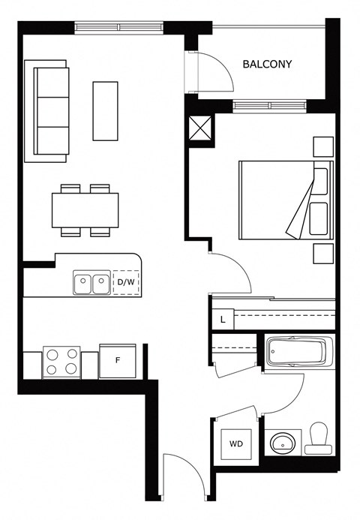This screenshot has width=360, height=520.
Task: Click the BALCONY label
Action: [267, 64]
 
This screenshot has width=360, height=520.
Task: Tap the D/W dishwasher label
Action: [126, 283]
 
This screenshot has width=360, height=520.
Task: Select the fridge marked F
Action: [117, 361]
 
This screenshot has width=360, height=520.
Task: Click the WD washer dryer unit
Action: [236, 444]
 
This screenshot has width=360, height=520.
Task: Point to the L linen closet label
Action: [223, 320]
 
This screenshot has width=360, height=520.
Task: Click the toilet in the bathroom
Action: [319, 437]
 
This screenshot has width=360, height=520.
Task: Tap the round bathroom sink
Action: [283, 443]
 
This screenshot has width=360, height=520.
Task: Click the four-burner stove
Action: [61, 362]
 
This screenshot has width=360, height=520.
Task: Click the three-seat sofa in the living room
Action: [46, 111]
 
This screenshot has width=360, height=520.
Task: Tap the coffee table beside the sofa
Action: [106, 111]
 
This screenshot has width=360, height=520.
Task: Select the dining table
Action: [85, 210]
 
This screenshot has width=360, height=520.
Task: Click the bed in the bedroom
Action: [286, 200]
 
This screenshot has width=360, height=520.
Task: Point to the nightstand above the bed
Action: [323, 146]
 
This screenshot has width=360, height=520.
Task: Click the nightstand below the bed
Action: [323, 254]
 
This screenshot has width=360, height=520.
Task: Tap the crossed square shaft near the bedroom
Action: [200, 128]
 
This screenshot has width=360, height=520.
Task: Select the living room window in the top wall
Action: [119, 27]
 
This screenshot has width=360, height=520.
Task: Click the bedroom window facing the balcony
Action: [270, 106]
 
